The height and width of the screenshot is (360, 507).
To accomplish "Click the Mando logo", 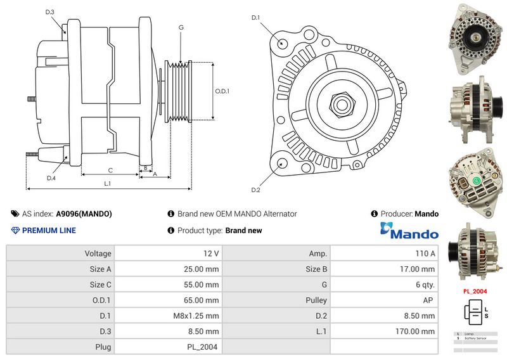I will [x=409, y=231].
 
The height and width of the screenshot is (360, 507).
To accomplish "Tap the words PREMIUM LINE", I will [x=49, y=231].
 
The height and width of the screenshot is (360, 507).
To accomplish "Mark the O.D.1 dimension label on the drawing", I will [x=222, y=91].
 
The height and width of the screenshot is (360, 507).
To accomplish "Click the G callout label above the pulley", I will [x=181, y=28].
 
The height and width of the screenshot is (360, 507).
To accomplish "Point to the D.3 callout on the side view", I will [x=50, y=13].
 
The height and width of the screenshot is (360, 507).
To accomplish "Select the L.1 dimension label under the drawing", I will [x=108, y=183].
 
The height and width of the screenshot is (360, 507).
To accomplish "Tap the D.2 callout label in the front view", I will [x=255, y=190].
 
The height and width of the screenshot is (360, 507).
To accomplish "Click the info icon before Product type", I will [x=171, y=231].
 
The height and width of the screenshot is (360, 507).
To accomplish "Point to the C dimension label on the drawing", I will [x=110, y=170].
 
